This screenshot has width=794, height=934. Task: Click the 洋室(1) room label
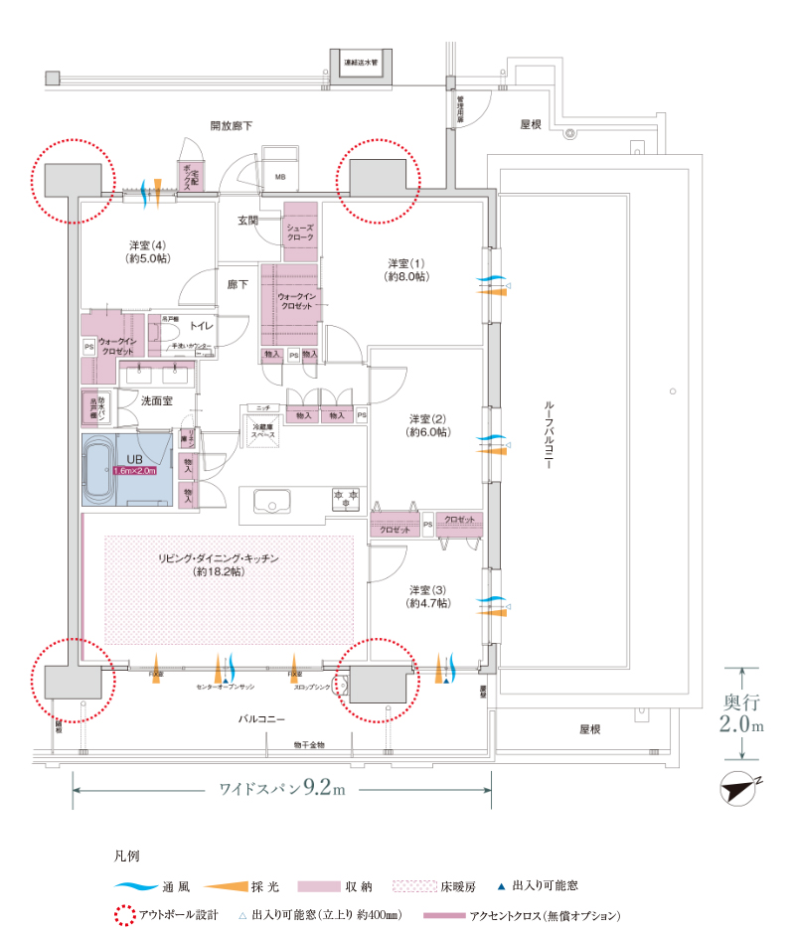pyautogui.click(x=407, y=270)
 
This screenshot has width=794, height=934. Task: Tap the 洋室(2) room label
pyautogui.click(x=428, y=425)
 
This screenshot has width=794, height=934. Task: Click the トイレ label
pyautogui.click(x=202, y=326)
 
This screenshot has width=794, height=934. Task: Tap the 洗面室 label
pyautogui.click(x=156, y=401)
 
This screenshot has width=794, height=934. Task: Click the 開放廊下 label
pyautogui.click(x=231, y=126)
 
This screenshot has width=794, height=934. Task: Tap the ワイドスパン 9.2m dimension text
pyautogui.click(x=281, y=790)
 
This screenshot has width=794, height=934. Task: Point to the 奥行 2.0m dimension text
pyautogui.click(x=743, y=712)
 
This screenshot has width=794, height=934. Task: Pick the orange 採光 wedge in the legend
pyautogui.click(x=235, y=884)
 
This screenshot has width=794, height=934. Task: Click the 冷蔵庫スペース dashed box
pyautogui.click(x=262, y=429)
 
